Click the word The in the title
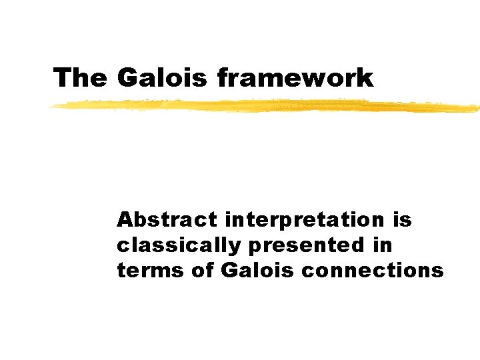[79, 78]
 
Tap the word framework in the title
[295, 78]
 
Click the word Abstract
[167, 219]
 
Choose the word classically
[177, 245]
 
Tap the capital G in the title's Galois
[126, 78]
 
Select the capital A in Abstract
[124, 219]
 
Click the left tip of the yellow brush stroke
[51, 107]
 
